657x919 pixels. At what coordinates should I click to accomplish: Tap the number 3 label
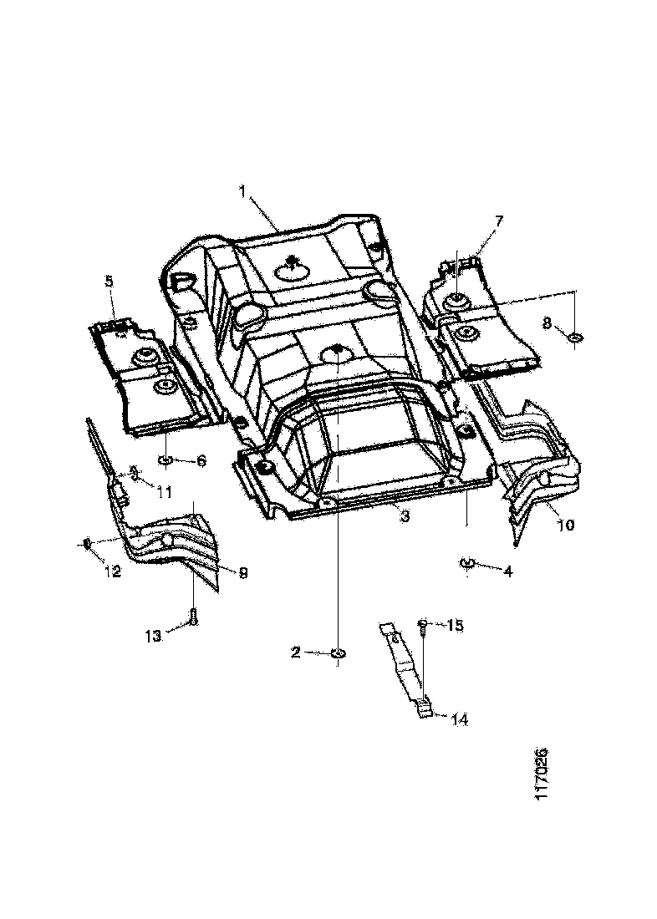click(404, 517)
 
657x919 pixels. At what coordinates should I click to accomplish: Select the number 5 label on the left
click(109, 281)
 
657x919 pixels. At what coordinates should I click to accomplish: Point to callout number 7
click(499, 221)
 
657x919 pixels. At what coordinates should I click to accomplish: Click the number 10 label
click(566, 526)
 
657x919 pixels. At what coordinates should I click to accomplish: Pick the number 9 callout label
click(243, 572)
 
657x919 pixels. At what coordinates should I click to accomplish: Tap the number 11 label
click(164, 493)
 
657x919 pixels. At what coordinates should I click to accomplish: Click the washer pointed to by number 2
click(337, 653)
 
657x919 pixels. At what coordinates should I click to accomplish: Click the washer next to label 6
click(165, 460)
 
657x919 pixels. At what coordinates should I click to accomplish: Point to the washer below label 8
click(575, 338)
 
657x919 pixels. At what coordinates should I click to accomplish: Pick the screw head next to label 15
click(424, 623)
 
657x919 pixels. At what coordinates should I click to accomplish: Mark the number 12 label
click(112, 572)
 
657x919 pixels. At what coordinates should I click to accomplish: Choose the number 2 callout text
click(296, 652)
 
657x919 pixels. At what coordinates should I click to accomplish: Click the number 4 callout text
click(507, 571)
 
